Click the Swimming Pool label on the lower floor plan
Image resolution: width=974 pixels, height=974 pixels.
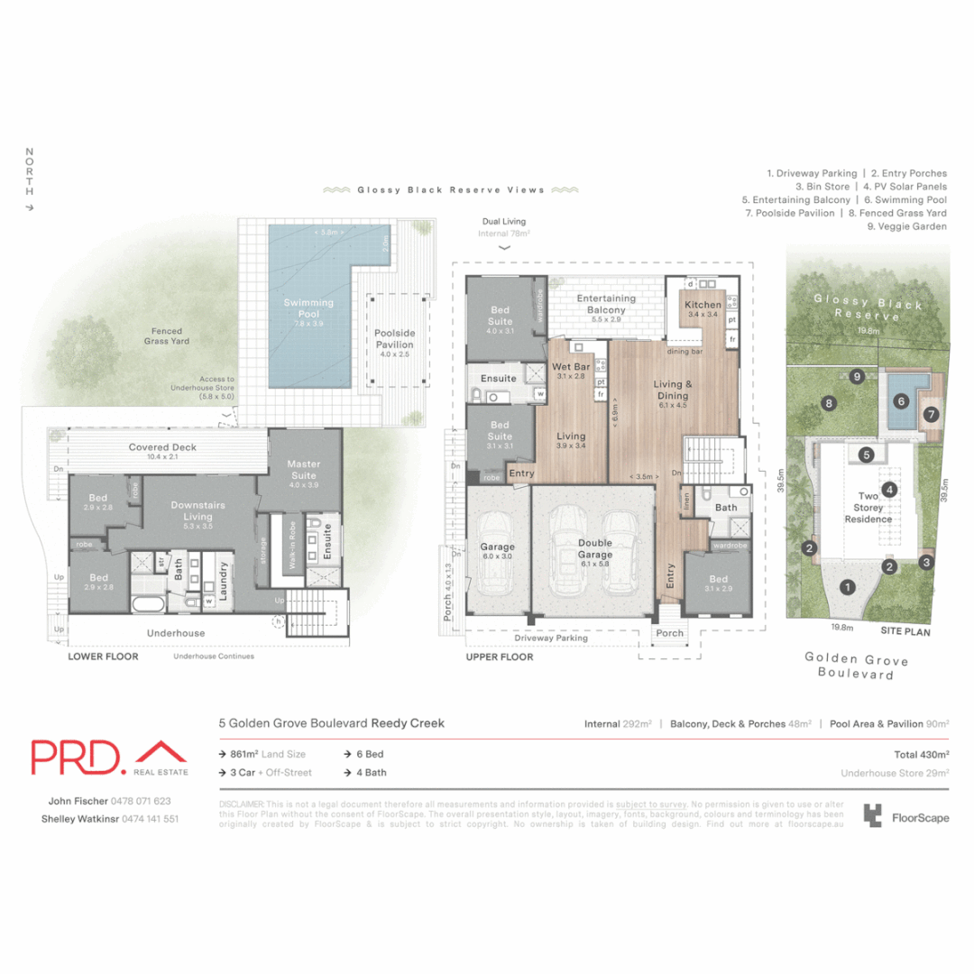308,308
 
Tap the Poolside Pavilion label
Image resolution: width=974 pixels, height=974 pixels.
394,339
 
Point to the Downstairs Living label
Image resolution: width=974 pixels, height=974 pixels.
198,511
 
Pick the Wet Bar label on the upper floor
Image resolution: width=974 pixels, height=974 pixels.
570,372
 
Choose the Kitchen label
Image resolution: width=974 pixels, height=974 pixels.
703,309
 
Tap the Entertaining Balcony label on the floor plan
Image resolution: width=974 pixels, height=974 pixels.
606,304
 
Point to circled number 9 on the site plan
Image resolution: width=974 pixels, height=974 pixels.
856,376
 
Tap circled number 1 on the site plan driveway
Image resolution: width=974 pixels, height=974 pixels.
847,587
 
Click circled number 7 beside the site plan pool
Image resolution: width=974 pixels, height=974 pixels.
931,415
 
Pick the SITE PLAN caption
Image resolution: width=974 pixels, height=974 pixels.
906,632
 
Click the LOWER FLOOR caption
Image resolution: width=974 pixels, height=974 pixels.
104,657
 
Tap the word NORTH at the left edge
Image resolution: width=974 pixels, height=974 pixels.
30,172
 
